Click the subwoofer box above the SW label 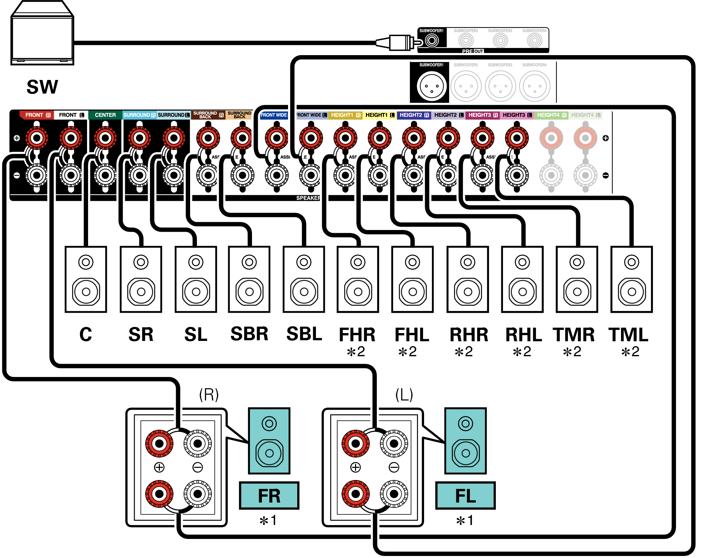[x=42, y=34]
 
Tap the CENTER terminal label [x=105, y=115]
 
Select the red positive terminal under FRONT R [x=37, y=138]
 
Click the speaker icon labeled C [x=86, y=279]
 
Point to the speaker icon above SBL [x=304, y=279]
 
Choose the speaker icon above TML [x=632, y=279]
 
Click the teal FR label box [x=269, y=495]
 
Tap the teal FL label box [x=465, y=495]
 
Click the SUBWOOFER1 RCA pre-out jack [x=432, y=41]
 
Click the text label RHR [x=469, y=335]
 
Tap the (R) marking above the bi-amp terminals [x=209, y=395]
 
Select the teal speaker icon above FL [x=466, y=441]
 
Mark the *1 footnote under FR [x=268, y=520]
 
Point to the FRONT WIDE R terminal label [x=274, y=115]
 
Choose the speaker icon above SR [x=141, y=279]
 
